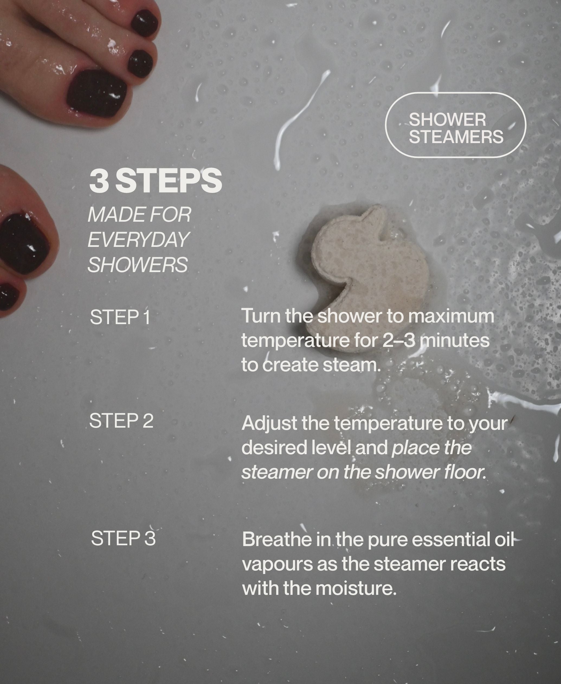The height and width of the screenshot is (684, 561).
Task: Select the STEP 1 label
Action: tap(120, 317)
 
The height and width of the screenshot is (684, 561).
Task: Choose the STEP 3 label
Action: tap(123, 538)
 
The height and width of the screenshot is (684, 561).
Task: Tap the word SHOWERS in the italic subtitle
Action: tap(138, 264)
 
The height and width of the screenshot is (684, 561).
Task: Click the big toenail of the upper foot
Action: tap(97, 93)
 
